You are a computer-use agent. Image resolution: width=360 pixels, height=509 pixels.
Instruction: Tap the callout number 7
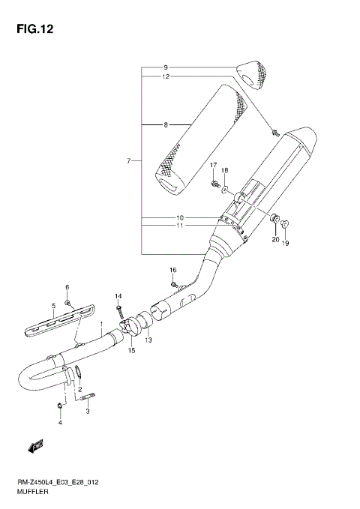[x=129, y=160]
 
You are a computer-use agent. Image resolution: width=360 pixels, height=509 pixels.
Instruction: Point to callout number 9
[x=166, y=67]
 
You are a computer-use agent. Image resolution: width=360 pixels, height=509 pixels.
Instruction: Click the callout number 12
[x=166, y=76]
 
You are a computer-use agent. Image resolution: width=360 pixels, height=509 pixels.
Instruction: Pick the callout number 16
[x=172, y=269]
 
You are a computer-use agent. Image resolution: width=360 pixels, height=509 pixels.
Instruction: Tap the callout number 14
[x=118, y=297]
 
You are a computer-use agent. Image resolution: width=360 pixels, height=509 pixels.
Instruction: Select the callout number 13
[x=148, y=340]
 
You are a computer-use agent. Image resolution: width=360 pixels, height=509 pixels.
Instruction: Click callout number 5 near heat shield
[x=53, y=306]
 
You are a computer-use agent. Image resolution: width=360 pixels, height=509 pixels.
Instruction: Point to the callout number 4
[x=59, y=424]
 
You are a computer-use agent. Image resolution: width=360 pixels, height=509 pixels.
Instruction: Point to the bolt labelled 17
[x=215, y=181]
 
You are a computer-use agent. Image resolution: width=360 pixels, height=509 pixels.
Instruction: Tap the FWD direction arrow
[x=34, y=448]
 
